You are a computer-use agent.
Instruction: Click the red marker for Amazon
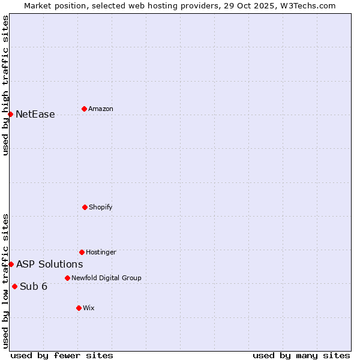point(84,109)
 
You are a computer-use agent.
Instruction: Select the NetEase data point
point(10,114)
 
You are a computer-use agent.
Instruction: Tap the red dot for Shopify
point(85,207)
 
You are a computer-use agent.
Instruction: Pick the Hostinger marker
point(82,252)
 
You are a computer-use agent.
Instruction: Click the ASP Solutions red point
point(11,264)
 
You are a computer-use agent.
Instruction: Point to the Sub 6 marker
point(14,286)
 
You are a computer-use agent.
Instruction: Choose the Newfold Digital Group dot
point(67,278)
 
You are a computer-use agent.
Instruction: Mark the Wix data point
point(79,308)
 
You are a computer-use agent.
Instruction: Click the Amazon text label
point(101,109)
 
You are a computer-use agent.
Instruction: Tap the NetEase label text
point(35,115)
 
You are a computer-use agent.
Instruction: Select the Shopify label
point(101,207)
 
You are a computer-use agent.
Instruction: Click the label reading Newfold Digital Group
point(107,278)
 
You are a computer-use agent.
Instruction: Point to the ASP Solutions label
point(50,264)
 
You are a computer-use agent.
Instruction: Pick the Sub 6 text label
point(34,286)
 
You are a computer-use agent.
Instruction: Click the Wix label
point(89,308)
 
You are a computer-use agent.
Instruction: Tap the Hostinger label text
point(101,252)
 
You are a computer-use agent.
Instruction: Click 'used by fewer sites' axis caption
point(62,355)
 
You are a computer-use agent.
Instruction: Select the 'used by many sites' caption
point(301,355)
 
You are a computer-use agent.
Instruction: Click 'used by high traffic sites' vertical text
point(6,85)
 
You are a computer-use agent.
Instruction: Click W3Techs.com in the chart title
point(306,5)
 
